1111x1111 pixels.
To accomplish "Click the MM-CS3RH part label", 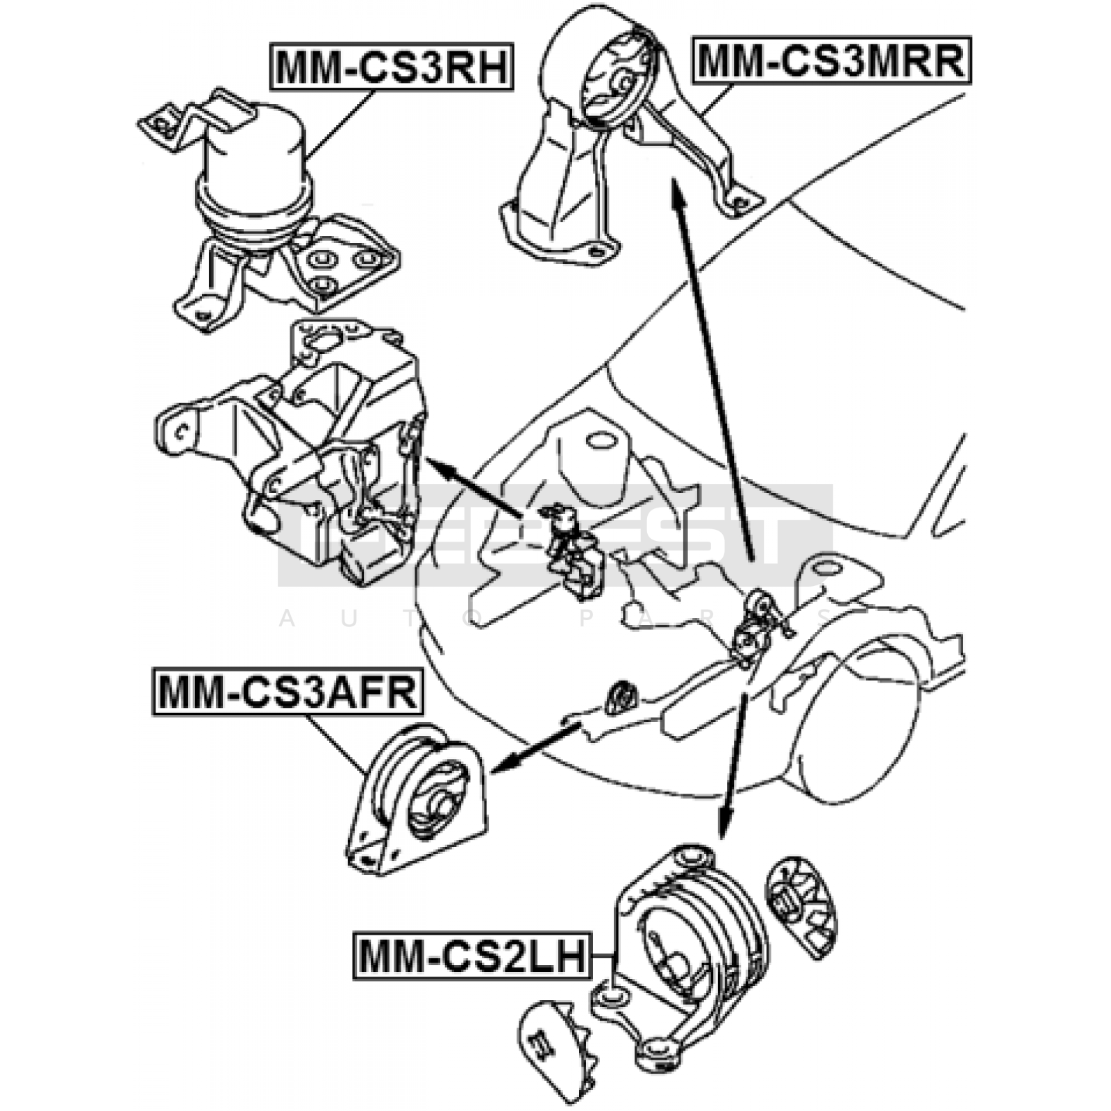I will pos(392,67).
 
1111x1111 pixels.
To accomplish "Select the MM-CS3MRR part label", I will pos(831,60).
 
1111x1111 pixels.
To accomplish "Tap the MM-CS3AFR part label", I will pos(287,692).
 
